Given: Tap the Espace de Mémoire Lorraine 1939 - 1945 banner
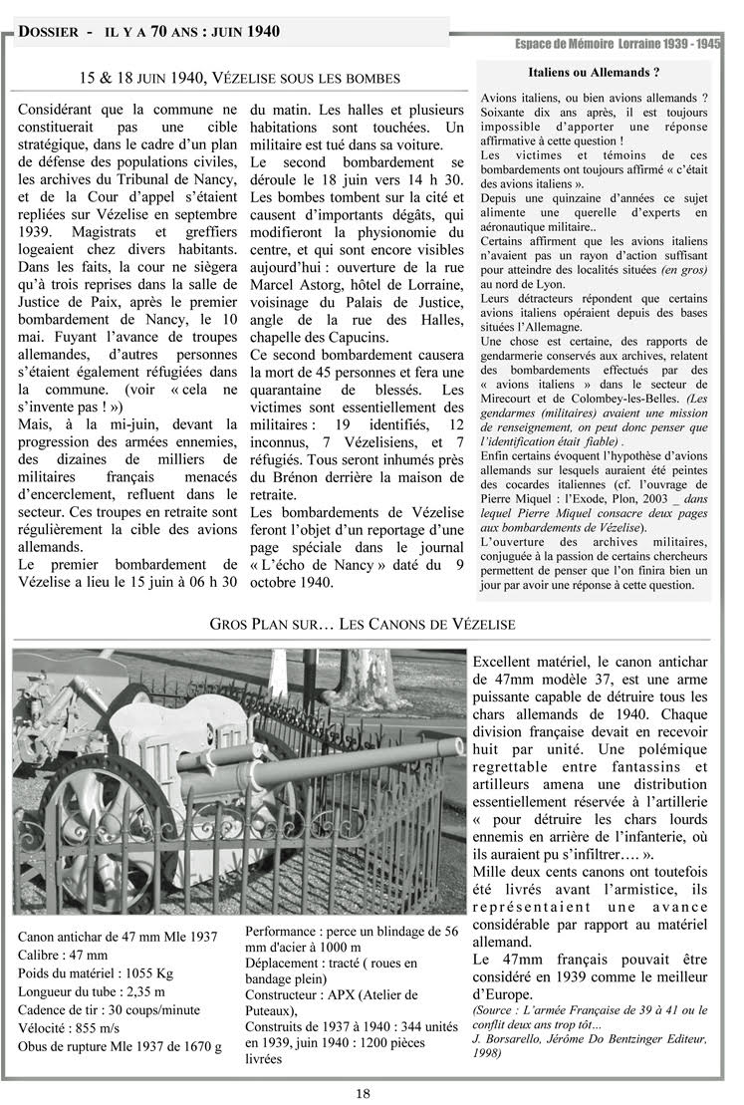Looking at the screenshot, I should pos(618,44).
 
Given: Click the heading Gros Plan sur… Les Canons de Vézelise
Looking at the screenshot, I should pos(363,624).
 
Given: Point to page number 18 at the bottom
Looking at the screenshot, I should pos(364,1093).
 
